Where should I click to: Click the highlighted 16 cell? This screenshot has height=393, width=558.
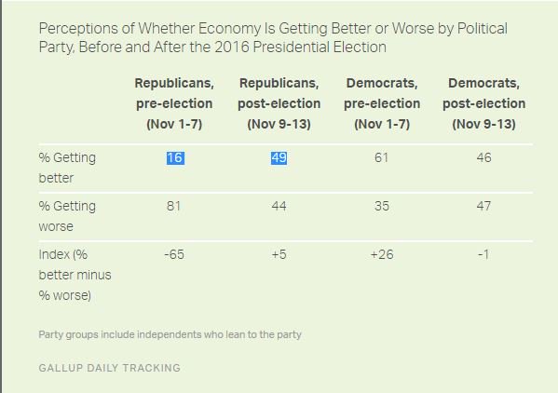[175, 158]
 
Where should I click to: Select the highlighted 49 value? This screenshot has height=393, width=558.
[279, 158]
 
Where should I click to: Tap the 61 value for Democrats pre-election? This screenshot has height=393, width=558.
[382, 157]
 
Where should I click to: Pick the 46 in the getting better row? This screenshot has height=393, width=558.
[484, 157]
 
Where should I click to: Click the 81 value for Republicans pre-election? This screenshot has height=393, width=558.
[173, 206]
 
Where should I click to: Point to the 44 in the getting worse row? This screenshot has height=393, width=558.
[279, 206]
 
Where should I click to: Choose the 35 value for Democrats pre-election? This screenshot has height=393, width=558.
[382, 206]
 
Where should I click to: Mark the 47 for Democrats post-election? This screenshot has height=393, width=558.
[484, 206]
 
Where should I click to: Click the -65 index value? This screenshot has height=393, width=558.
[174, 254]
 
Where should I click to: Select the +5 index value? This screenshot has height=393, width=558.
[279, 254]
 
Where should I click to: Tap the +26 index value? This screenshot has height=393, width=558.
[382, 254]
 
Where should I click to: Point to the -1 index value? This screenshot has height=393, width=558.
[483, 254]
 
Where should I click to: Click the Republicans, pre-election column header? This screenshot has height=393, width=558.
[174, 103]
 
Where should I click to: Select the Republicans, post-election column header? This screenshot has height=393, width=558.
[279, 103]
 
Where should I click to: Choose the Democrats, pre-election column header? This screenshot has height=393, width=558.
[382, 103]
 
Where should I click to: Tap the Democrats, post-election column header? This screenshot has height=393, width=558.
[484, 103]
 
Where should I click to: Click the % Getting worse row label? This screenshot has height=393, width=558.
[67, 216]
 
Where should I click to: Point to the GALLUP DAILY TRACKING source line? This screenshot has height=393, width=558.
[110, 368]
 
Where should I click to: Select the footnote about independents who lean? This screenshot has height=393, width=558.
[170, 334]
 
